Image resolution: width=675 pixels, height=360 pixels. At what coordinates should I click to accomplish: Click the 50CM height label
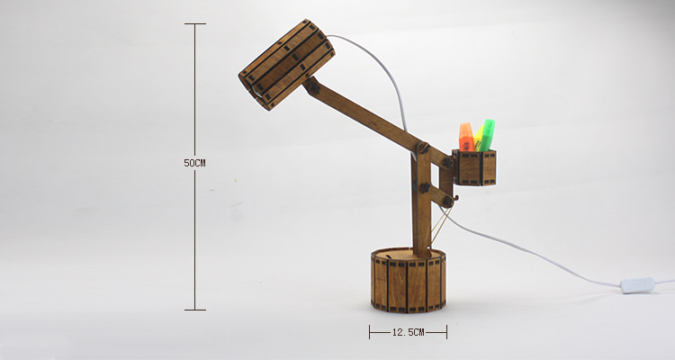[194, 163]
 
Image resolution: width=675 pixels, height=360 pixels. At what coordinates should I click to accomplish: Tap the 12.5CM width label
[408, 332]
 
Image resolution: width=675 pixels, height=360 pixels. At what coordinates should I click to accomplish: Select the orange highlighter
[466, 137]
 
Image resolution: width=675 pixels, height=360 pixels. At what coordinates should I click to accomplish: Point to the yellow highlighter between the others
[478, 138]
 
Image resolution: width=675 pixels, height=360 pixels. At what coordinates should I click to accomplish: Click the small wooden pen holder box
[476, 167]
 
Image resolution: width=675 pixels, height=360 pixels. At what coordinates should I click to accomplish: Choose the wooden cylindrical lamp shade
[287, 65]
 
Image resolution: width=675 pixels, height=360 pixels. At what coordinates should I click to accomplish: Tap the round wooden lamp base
[408, 280]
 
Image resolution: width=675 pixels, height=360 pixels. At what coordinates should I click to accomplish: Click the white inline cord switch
[637, 285]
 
